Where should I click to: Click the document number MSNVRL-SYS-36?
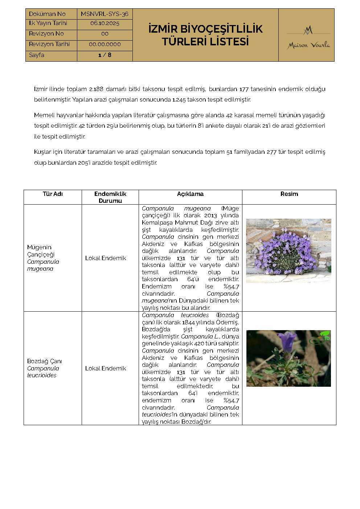coord(105,14)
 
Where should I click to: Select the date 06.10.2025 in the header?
coord(105,23)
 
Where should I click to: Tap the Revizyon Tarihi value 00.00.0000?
coord(105,44)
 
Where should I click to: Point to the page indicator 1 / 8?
coord(105,55)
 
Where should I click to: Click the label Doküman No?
coord(47,14)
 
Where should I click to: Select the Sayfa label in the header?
coord(37,55)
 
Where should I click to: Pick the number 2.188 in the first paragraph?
coord(96,89)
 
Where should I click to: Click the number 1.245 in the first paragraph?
coord(179,99)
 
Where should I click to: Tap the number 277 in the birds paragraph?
coord(271,152)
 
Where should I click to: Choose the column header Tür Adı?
coord(53,194)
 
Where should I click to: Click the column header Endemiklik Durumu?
coord(110,197)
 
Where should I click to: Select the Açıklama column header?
coord(190,194)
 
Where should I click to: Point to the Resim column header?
coord(289,194)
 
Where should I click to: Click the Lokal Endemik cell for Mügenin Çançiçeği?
coord(106,258)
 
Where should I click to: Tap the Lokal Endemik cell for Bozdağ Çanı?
coord(106,368)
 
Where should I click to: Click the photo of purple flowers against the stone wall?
coord(289,251)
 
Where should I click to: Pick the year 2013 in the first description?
coord(210,215)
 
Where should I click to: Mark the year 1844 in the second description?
coord(188,322)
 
